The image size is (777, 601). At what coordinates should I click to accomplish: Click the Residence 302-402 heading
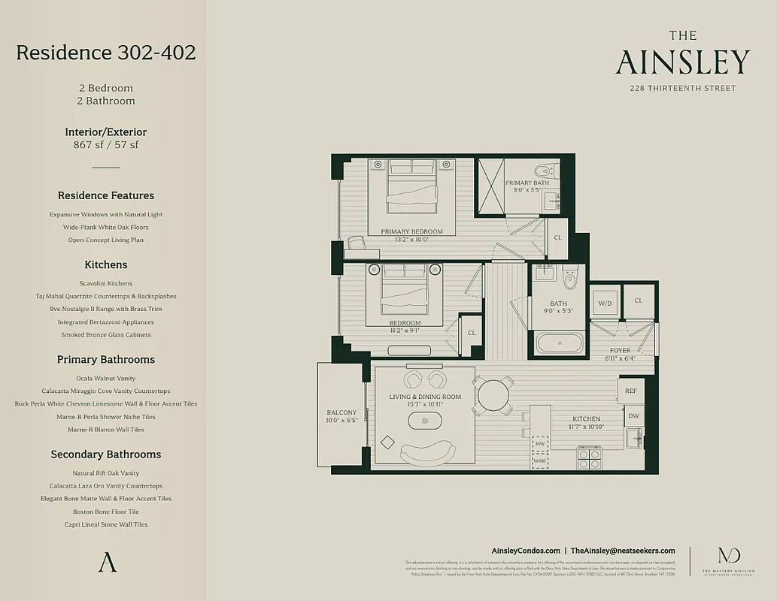(105, 53)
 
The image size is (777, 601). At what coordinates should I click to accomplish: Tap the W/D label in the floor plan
(605, 304)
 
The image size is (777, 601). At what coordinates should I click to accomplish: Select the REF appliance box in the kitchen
(630, 391)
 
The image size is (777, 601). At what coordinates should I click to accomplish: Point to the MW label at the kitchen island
(540, 444)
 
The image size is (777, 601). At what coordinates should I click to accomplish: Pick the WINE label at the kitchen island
(540, 461)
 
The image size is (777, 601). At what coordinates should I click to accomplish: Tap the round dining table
(493, 394)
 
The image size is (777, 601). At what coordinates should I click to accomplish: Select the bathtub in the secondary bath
(559, 343)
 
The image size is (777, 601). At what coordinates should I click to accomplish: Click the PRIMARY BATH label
(527, 183)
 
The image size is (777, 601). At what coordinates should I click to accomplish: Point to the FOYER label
(620, 351)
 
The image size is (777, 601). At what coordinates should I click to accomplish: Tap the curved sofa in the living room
(427, 452)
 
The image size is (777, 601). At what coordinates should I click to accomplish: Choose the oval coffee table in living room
(426, 418)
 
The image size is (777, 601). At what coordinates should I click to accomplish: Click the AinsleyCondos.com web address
(525, 551)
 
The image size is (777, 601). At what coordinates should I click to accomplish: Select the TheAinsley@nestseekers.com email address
(623, 551)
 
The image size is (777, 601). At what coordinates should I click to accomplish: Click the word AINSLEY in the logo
(682, 63)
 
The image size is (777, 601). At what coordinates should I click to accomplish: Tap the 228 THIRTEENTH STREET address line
(683, 89)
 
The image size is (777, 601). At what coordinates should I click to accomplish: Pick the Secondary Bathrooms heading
(105, 455)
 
